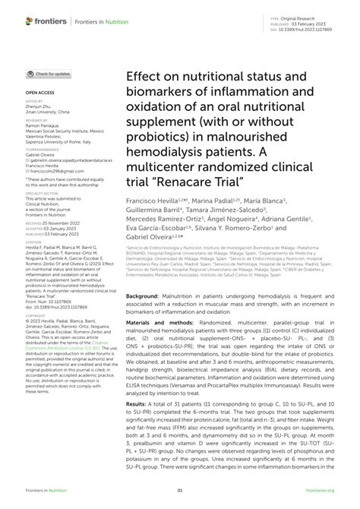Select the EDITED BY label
pos(35,100)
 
